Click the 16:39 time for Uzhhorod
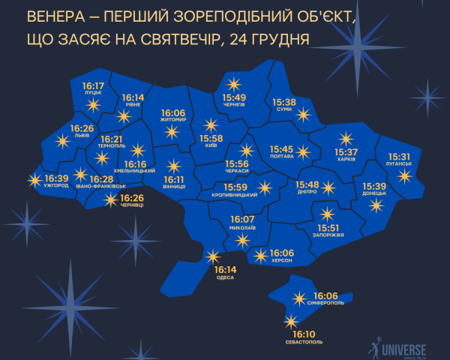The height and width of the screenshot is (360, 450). pos(56,178)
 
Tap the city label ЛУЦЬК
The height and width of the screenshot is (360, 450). pos(92,95)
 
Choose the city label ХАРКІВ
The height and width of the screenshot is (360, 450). pos(346,160)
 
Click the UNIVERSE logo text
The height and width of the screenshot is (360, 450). pos(403,349)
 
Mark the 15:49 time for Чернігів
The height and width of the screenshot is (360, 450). pos(234,97)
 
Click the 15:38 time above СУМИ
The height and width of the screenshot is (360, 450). pos(284,102)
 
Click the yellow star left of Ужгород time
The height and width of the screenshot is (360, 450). pos(32,180)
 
